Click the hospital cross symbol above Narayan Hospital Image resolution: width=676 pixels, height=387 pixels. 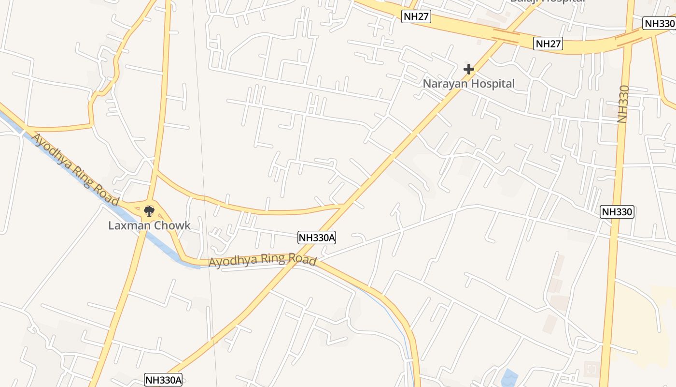coord(468,69)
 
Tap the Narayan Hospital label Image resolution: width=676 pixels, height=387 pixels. coord(468,84)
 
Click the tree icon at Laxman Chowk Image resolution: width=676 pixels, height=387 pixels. coord(149,211)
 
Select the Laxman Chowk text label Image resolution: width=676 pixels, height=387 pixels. coord(149,225)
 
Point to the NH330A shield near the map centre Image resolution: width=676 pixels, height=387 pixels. coord(317,238)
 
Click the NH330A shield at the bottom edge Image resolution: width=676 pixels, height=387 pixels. coord(163,380)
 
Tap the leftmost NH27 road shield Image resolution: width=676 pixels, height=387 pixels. coord(416,17)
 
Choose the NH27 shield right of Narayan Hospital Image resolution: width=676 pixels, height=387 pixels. coord(549,44)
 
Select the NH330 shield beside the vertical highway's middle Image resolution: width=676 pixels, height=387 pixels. coord(617,211)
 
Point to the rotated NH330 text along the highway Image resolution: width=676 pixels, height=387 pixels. coord(623,104)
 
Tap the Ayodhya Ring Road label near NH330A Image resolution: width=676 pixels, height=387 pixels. coord(262,260)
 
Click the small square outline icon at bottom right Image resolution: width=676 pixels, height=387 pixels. coord(592,370)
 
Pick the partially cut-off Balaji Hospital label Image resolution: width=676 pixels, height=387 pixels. coord(548,1)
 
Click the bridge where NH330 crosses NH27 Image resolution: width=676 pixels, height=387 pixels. coord(628,40)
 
